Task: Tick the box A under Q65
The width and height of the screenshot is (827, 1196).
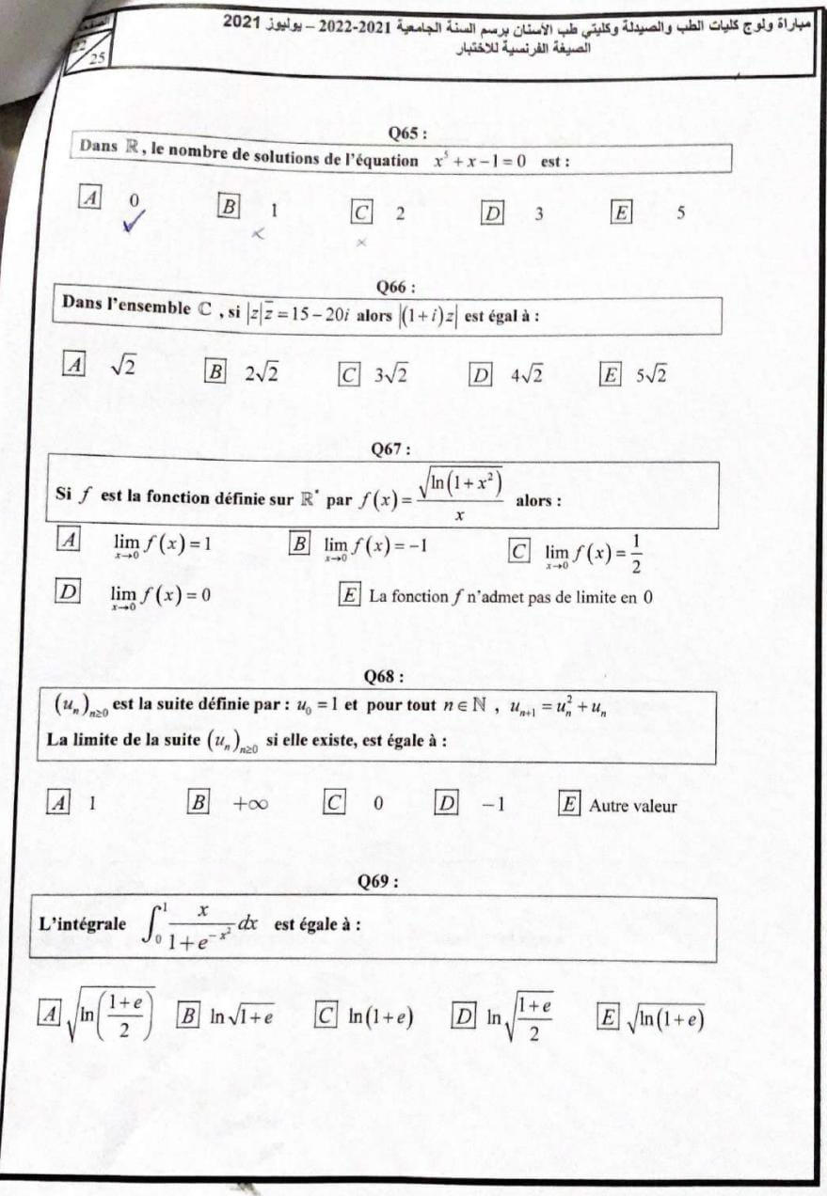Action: tap(90, 198)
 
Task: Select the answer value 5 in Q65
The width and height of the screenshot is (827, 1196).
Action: tap(680, 212)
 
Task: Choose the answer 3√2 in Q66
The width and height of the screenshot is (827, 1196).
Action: tap(390, 374)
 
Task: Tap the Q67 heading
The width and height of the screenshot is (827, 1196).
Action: tap(392, 449)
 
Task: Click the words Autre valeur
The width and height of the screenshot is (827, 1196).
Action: tap(633, 805)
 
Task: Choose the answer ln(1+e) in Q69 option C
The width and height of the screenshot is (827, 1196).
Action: tap(381, 1016)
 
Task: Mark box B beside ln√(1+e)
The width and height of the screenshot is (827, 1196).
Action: tap(190, 1016)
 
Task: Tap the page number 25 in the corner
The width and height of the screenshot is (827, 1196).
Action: tap(98, 59)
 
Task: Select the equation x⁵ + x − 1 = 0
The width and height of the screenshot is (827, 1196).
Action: tap(479, 161)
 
